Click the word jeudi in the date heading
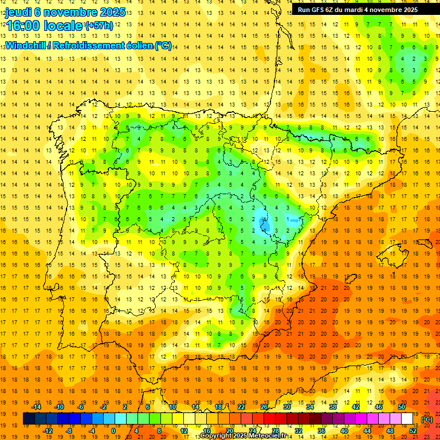[x=18, y=12]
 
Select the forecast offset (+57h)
[x=99, y=26]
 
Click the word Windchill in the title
[x=24, y=45]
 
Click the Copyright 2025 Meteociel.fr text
[x=243, y=436]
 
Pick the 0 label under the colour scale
[x=113, y=431]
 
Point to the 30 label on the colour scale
[x=287, y=407]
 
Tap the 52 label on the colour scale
[x=413, y=431]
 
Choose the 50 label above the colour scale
[x=402, y=407]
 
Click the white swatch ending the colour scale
[x=407, y=419]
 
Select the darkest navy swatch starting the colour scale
[x=29, y=419]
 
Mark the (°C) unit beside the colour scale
[x=427, y=419]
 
